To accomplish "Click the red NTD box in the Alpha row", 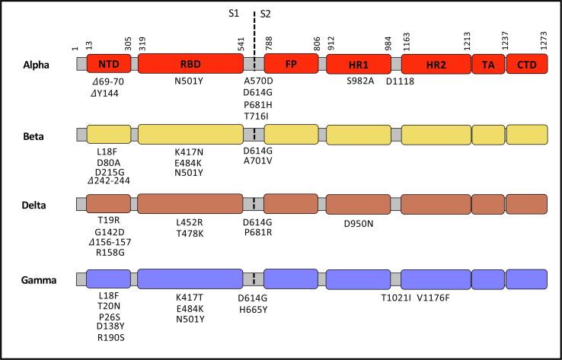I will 109,65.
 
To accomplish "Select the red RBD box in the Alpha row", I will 190,65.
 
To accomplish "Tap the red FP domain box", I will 292,65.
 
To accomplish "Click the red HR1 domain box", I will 359,65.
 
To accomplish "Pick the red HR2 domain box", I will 436,65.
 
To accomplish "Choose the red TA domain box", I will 487,65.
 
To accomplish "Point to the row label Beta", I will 34,135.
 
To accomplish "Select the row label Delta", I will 36,205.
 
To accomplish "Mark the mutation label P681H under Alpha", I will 258,104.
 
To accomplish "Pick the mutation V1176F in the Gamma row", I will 436,298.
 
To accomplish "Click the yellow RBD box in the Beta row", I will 190,135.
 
